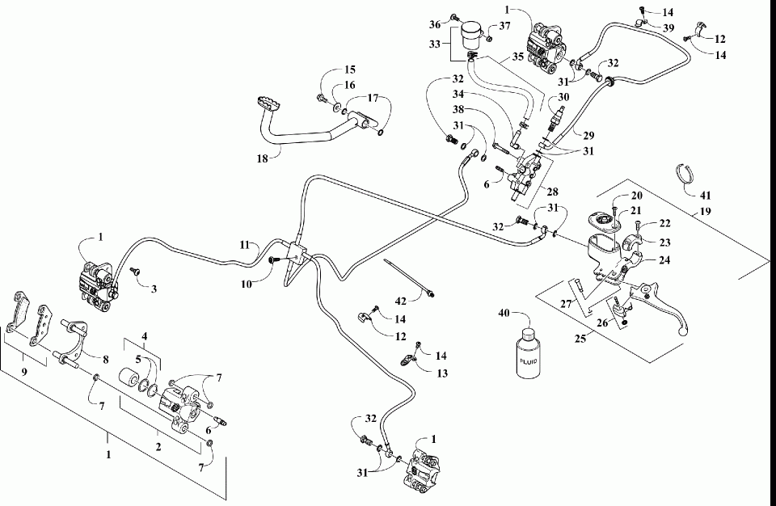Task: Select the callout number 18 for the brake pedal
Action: click(x=262, y=158)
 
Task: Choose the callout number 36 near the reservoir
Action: click(x=433, y=24)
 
